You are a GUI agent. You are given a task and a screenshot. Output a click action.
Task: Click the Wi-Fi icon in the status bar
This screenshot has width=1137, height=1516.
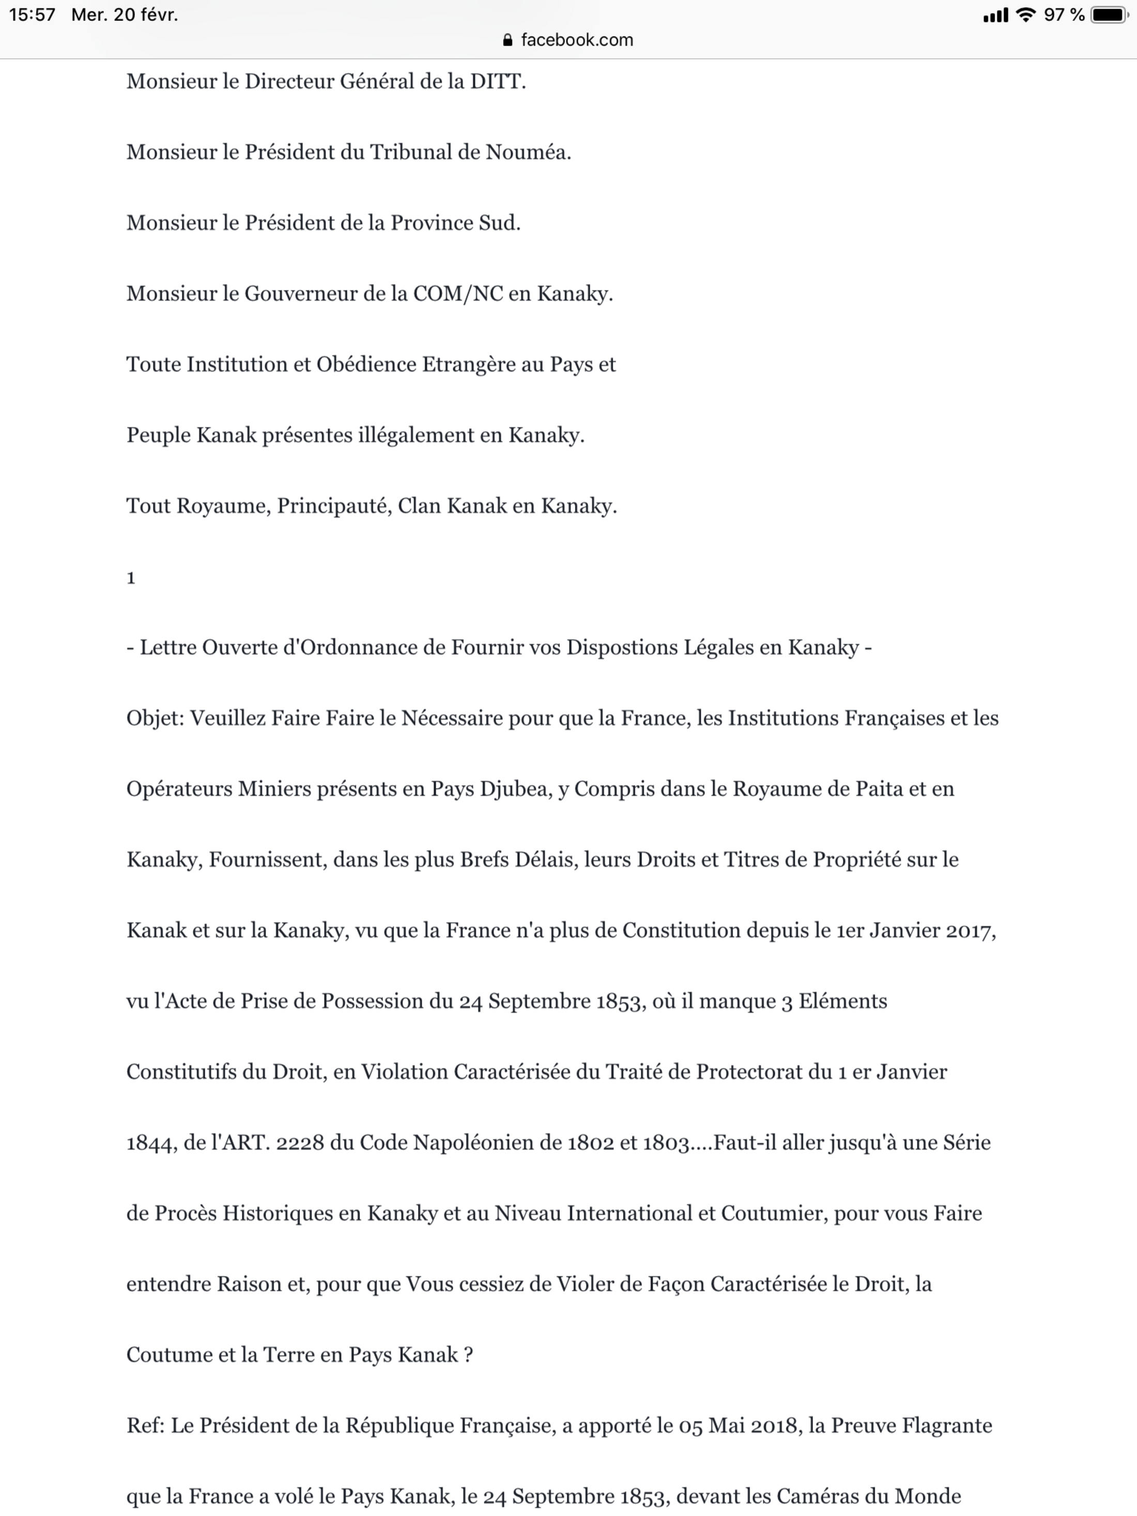[x=1025, y=15]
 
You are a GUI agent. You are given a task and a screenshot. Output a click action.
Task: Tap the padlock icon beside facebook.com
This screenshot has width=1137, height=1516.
[x=507, y=40]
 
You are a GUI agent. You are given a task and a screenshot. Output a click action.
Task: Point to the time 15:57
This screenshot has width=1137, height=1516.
[x=32, y=15]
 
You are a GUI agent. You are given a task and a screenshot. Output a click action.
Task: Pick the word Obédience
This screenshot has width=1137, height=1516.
[x=365, y=364]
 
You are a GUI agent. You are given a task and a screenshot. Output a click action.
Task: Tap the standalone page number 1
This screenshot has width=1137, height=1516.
[x=131, y=578]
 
